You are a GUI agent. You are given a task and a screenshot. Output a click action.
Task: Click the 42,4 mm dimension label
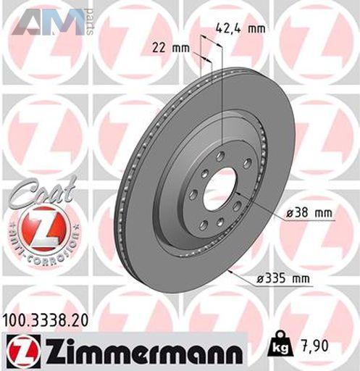point(240,29)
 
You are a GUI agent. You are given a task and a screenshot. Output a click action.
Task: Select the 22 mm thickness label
point(171,49)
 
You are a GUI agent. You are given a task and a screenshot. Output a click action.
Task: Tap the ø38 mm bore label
point(309,213)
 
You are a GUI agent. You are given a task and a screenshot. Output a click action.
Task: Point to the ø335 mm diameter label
point(282,279)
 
